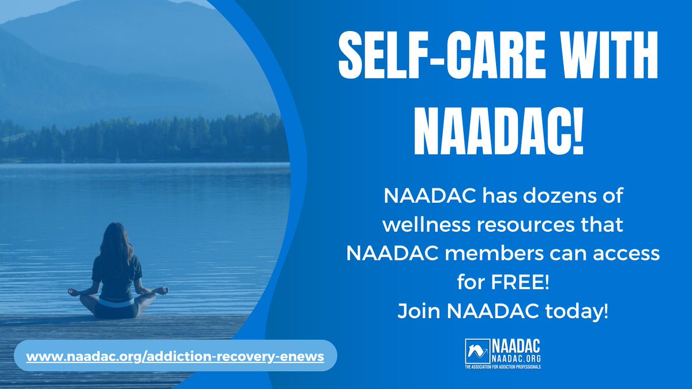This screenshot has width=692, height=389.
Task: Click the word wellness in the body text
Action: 417,225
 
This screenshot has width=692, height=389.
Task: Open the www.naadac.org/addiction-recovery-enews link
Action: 175,357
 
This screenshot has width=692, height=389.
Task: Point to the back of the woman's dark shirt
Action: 117,274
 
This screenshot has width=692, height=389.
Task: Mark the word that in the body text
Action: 605,225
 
